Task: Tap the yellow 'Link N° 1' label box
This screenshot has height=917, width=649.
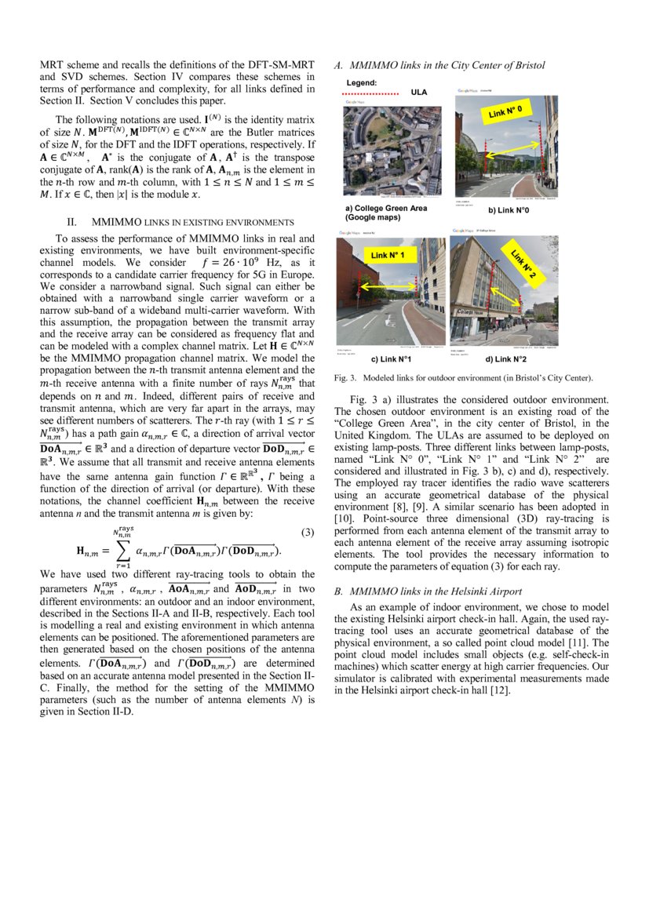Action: pos(388,256)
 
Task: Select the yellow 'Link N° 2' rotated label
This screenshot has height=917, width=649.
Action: pos(522,264)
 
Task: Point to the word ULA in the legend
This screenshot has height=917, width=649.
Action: pos(419,93)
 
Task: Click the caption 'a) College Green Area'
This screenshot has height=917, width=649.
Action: pos(386,208)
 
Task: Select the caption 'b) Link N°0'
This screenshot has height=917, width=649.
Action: pos(509,210)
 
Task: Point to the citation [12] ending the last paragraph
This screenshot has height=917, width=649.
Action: pos(499,690)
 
